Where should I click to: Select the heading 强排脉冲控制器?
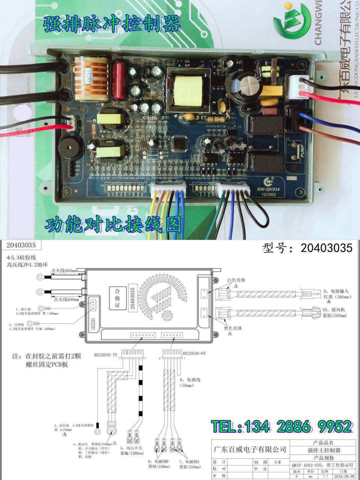pyautogui.click(x=111, y=24)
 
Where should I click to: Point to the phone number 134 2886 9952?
pyautogui.click(x=281, y=426)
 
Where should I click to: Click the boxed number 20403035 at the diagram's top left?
pyautogui.click(x=21, y=245)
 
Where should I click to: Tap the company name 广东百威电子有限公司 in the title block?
pyautogui.click(x=250, y=449)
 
